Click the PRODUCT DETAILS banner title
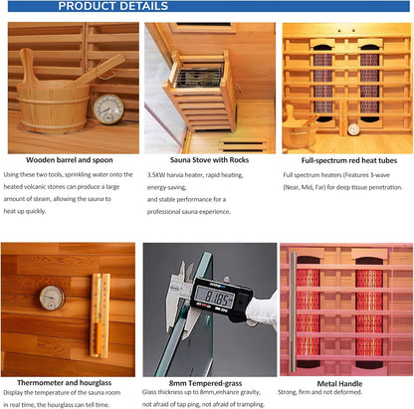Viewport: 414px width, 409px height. point(113,6)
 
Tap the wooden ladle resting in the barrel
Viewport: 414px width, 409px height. point(96,71)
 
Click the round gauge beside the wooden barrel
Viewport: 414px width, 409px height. point(108,109)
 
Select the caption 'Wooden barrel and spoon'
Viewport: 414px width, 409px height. point(70,160)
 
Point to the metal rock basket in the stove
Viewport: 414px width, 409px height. point(199,77)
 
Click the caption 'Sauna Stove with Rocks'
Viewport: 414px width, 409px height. point(209,160)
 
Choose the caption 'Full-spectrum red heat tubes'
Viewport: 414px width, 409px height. point(349,160)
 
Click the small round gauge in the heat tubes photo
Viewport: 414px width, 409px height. point(353,129)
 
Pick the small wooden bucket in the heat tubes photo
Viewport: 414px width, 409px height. point(299,130)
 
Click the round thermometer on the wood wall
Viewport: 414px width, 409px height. point(52,298)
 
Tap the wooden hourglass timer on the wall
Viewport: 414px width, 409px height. point(100,315)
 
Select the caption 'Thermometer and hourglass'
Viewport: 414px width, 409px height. point(65,383)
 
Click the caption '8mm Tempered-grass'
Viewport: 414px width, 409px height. point(205,383)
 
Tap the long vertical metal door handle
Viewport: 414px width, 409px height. point(293,311)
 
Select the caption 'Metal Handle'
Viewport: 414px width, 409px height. point(339,384)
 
